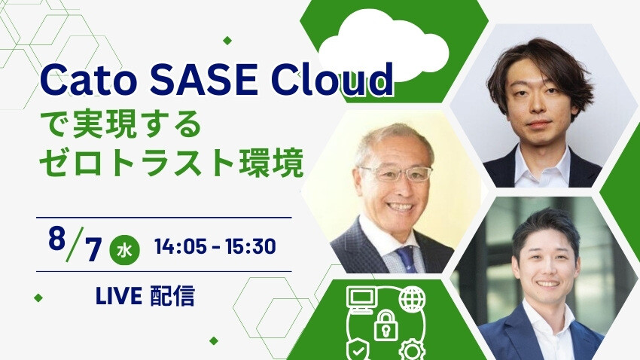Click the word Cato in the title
(89, 80)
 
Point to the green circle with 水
(124, 250)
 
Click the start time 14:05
(180, 246)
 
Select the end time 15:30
(250, 246)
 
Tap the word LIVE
(119, 296)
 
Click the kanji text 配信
(172, 296)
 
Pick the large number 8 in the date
(57, 238)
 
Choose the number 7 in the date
(93, 249)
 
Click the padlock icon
(386, 325)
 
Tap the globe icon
(412, 299)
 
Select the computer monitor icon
(361, 300)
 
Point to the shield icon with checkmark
(358, 349)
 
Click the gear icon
(412, 349)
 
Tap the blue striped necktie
(407, 260)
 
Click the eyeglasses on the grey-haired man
(396, 174)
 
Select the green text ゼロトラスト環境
(172, 163)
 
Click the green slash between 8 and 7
(75, 244)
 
